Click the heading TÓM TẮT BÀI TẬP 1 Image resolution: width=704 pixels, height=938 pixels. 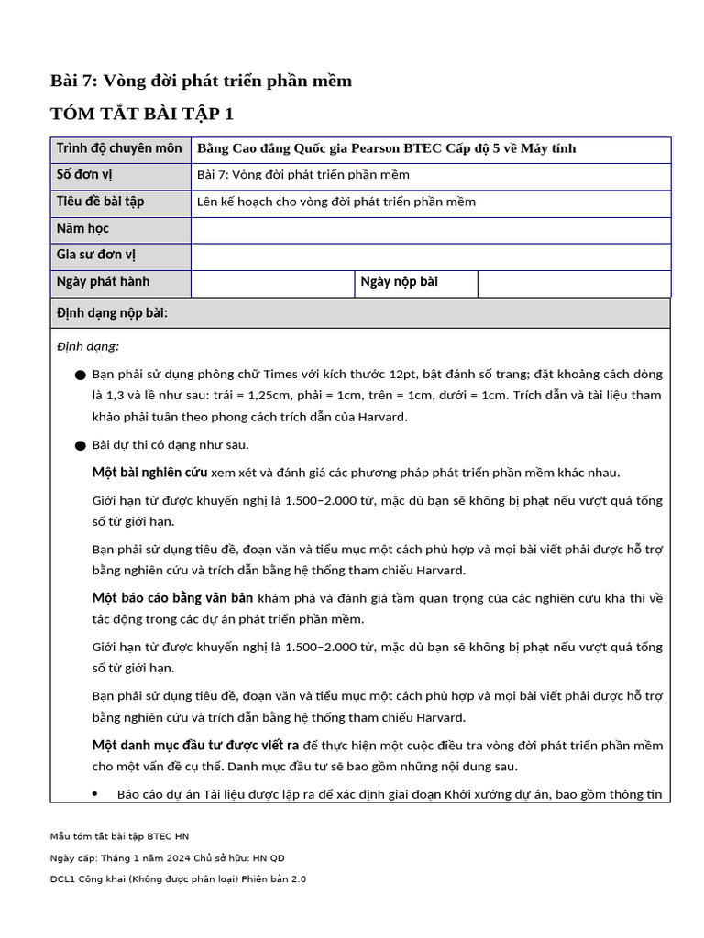coord(142,114)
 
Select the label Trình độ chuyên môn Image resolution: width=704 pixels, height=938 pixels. coord(119,148)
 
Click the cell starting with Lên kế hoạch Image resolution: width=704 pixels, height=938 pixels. coord(335,202)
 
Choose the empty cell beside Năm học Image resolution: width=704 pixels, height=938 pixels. coord(430,229)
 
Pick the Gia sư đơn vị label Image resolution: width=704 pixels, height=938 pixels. coord(96,255)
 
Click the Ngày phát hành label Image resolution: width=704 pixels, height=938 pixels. coord(103,281)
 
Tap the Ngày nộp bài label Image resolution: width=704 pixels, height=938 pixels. coord(399,281)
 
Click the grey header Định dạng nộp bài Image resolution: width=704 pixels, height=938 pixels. coord(112,313)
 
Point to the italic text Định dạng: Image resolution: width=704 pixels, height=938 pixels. coord(88,346)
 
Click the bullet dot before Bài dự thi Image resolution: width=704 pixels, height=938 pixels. coord(81,445)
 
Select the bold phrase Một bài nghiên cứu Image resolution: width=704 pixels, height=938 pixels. coord(149,473)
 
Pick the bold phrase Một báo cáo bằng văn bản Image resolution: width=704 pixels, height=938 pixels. coord(172,598)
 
